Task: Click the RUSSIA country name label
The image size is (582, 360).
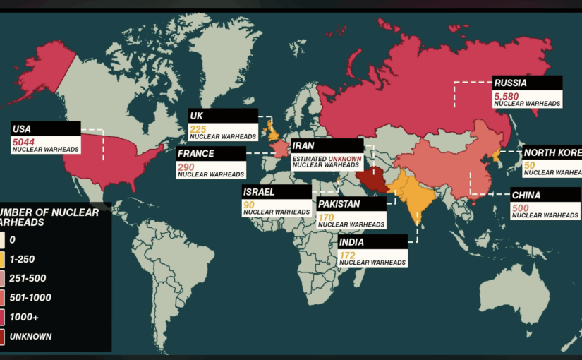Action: pyautogui.click(x=509, y=82)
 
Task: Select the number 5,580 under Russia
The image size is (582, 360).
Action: pyautogui.click(x=507, y=95)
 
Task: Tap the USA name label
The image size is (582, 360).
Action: pyautogui.click(x=21, y=128)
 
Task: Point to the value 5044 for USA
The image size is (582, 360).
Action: pyautogui.click(x=23, y=142)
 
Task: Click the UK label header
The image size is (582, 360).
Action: pyautogui.click(x=197, y=116)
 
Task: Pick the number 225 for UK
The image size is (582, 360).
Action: pyautogui.click(x=198, y=129)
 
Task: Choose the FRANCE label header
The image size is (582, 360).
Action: pyautogui.click(x=196, y=153)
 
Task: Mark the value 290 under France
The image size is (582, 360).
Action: pyautogui.click(x=186, y=166)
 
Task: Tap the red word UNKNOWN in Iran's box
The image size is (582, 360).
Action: pyautogui.click(x=348, y=159)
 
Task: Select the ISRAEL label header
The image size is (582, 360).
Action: pyautogui.click(x=260, y=191)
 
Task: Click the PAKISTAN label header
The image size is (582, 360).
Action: pyautogui.click(x=339, y=204)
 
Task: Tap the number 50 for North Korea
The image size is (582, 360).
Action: pyautogui.click(x=529, y=165)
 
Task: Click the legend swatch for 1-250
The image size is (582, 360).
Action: pyautogui.click(x=3, y=260)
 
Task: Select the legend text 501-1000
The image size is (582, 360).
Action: pyautogui.click(x=30, y=298)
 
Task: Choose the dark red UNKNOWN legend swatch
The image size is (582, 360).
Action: pyautogui.click(x=3, y=336)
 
